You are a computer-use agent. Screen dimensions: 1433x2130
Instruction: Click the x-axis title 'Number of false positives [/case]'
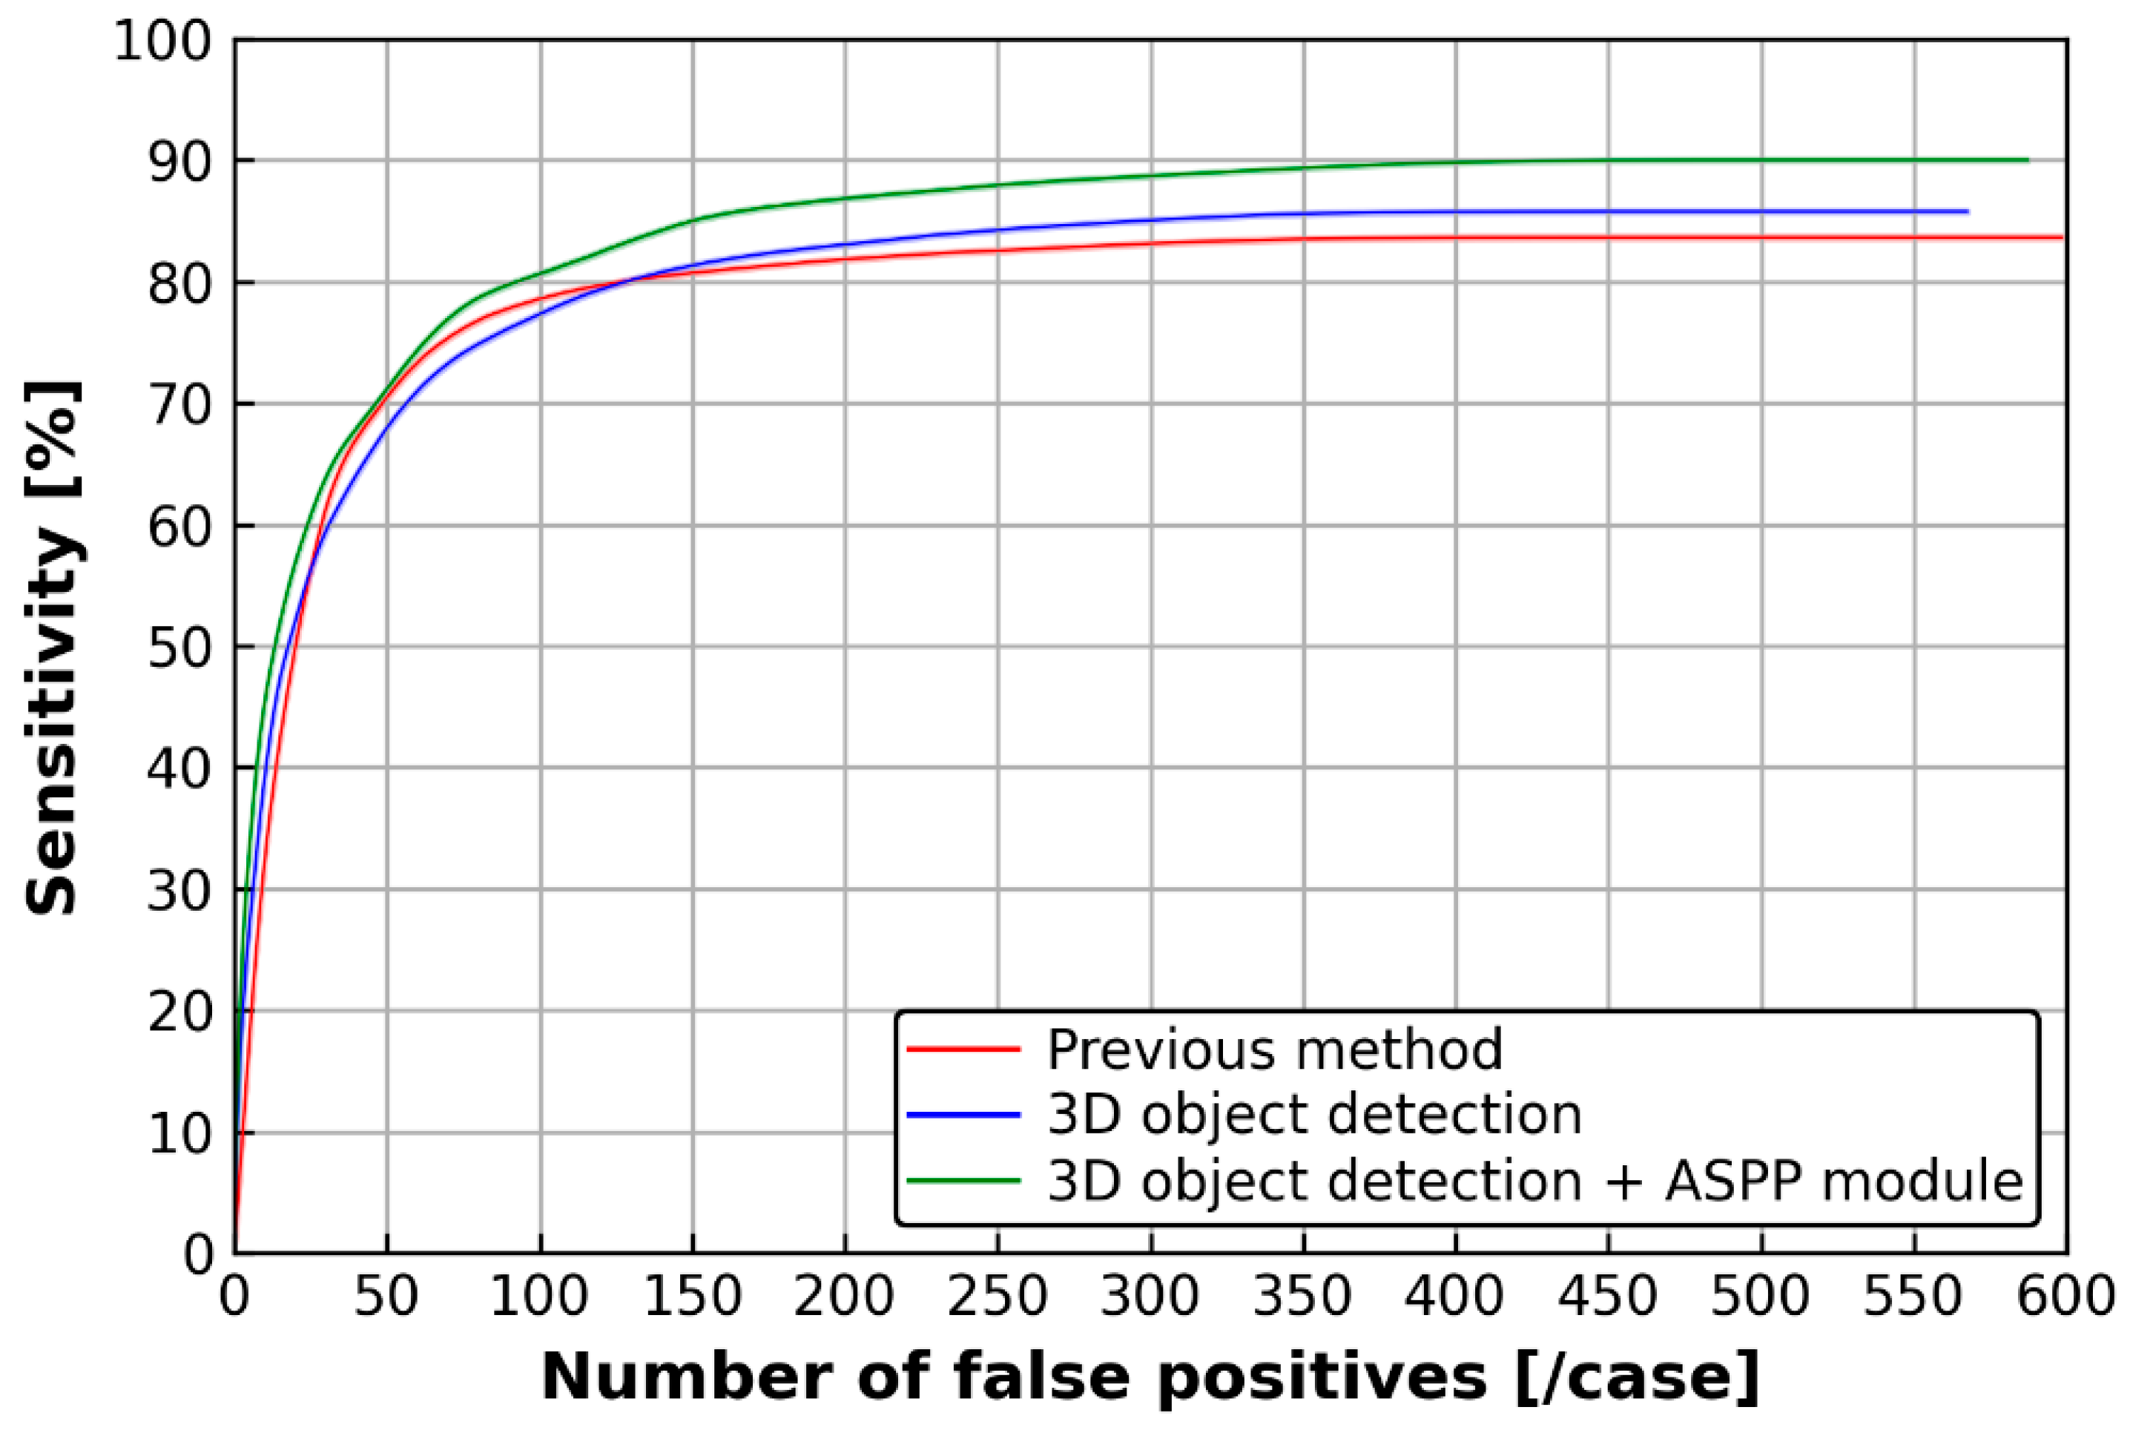tap(1150, 1377)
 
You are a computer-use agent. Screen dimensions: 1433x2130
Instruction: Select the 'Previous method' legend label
tap(1274, 1049)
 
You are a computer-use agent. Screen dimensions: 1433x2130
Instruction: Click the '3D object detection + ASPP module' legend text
tap(1535, 1180)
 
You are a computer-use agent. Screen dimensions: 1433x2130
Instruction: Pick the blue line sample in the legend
tap(963, 1115)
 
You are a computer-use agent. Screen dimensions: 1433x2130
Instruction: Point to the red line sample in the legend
tap(963, 1049)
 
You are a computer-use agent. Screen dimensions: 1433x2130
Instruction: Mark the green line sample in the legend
tap(963, 1180)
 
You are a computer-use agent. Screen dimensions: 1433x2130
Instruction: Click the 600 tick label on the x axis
tap(2065, 1296)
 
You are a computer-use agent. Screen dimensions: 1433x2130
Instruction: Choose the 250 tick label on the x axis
tap(997, 1296)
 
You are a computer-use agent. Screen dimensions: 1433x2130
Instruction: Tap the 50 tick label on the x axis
tap(386, 1296)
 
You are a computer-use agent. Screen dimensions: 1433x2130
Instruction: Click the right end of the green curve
tap(2027, 160)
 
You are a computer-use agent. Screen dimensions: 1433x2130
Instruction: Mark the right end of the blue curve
tap(1966, 211)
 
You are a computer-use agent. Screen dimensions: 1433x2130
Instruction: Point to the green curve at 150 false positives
tap(693, 220)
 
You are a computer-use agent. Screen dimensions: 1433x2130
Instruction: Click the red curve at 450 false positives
tap(1608, 237)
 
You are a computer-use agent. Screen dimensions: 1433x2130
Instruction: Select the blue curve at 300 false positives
tap(1151, 220)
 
